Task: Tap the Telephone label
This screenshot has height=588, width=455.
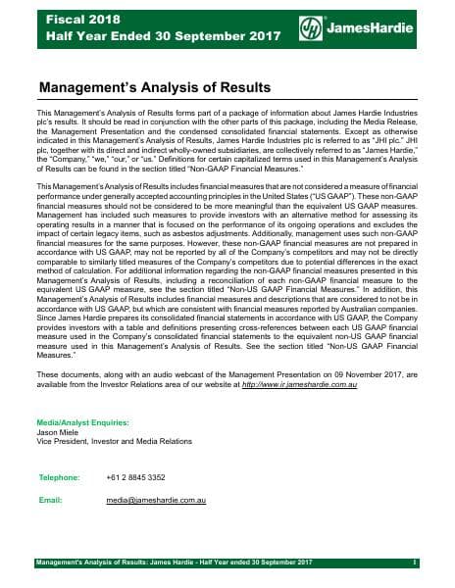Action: (x=58, y=476)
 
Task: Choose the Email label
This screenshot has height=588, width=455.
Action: (x=49, y=500)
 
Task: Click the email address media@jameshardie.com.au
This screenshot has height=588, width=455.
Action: (x=156, y=500)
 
